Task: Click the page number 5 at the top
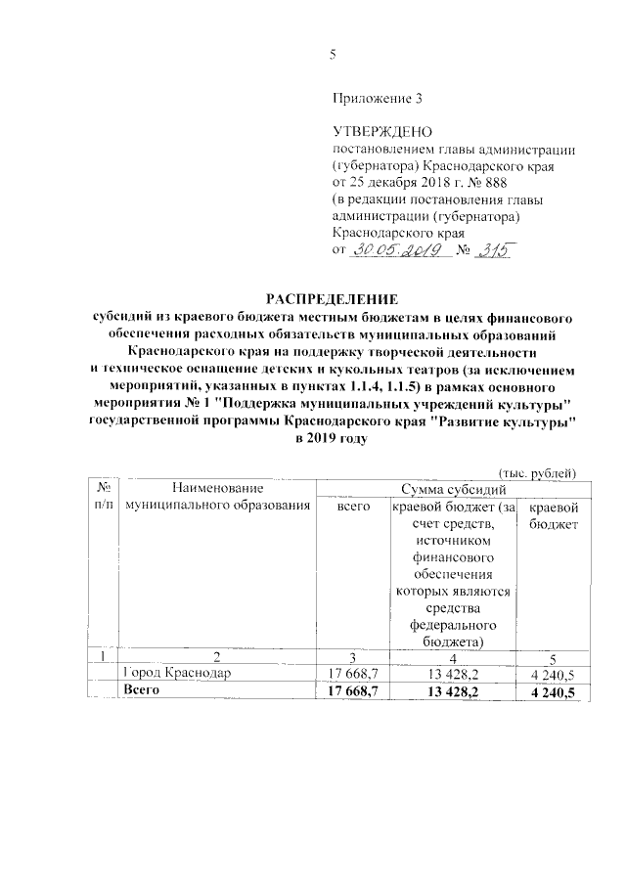pyautogui.click(x=333, y=55)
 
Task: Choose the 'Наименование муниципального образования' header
pyautogui.click(x=212, y=496)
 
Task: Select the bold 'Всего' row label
pyautogui.click(x=141, y=690)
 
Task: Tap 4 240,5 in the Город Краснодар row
pyautogui.click(x=552, y=674)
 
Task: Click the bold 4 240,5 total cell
pyautogui.click(x=552, y=691)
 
